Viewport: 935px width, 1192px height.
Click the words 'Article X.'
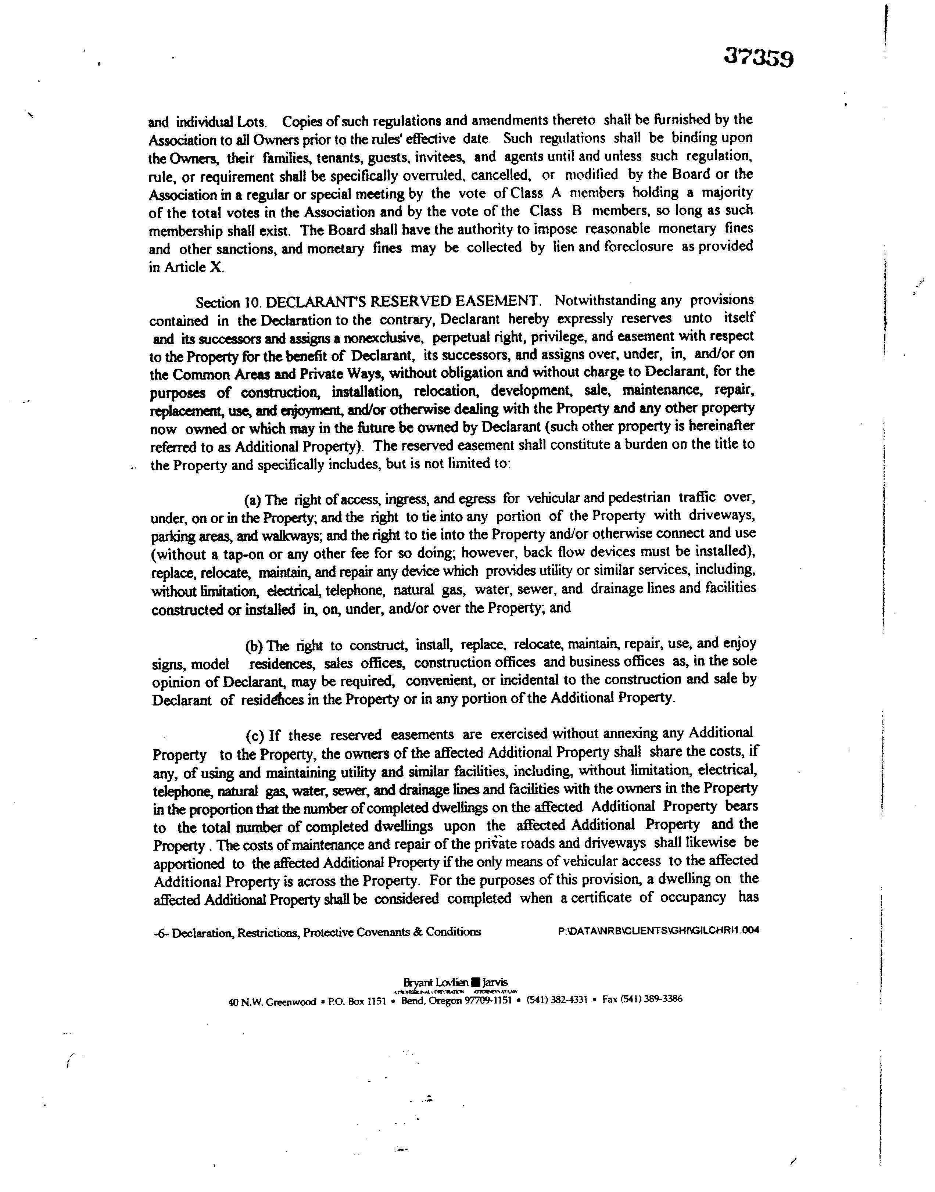click(x=194, y=268)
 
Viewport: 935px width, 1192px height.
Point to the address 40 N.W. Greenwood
click(x=272, y=1002)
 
